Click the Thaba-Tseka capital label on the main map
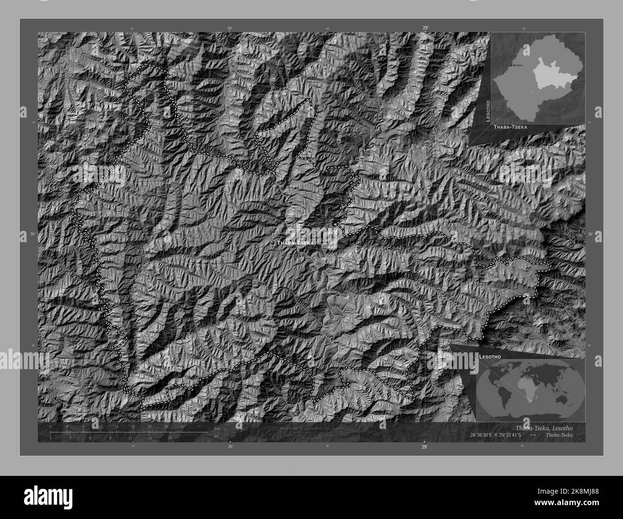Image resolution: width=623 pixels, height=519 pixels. [296, 243]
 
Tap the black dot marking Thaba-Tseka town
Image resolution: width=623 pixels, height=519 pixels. [273, 243]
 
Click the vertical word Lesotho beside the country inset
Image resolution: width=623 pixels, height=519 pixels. [487, 111]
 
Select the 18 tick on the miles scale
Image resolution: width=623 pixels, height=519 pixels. [170, 438]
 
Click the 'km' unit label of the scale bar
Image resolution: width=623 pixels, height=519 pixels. [217, 428]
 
